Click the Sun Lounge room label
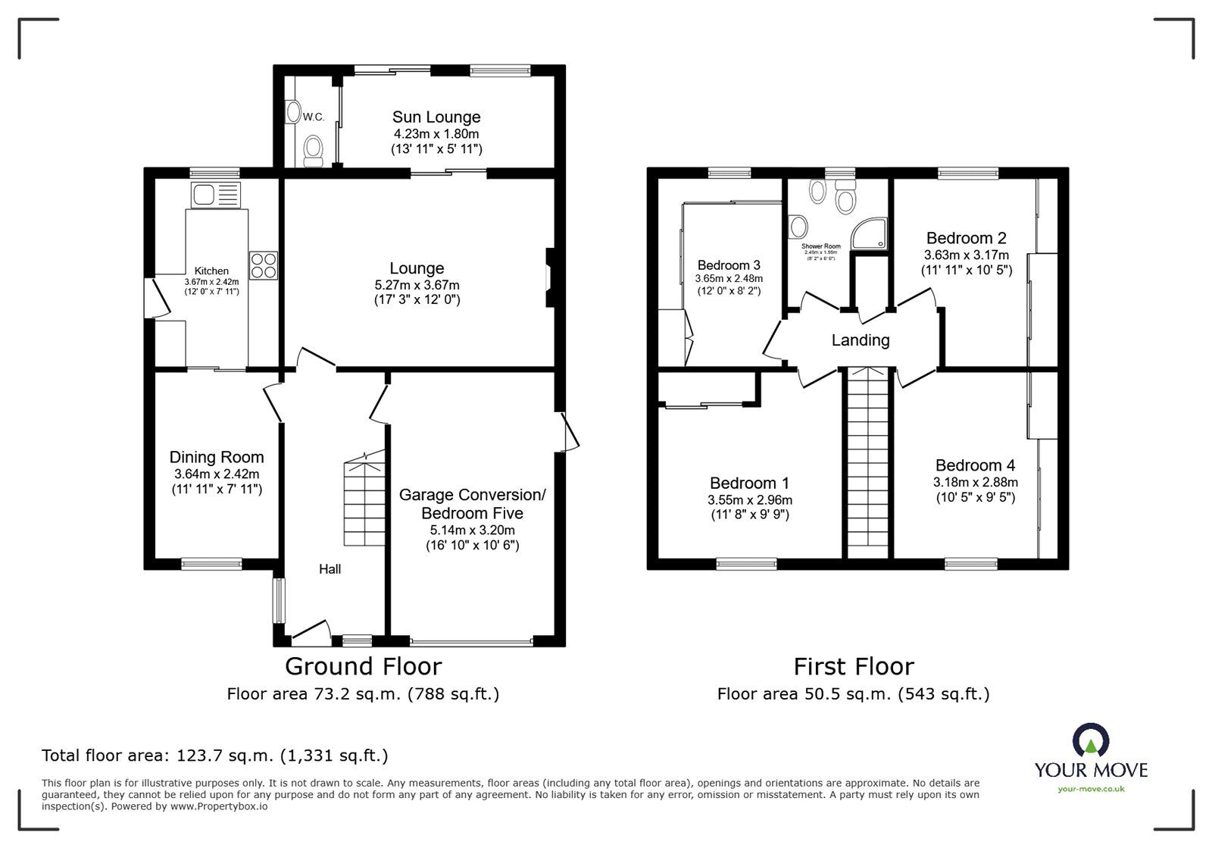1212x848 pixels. (436, 117)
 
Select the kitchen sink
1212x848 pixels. (205, 195)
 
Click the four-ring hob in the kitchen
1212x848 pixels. (264, 265)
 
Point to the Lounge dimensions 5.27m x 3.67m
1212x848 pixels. (417, 285)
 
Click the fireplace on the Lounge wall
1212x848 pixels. (549, 278)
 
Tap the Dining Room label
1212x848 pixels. (217, 457)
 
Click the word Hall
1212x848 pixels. (330, 569)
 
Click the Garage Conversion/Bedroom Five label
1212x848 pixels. (473, 504)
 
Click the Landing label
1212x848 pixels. (861, 340)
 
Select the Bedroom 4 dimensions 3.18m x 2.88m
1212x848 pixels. (976, 482)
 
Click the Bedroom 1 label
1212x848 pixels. (750, 483)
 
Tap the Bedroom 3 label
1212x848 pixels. (729, 265)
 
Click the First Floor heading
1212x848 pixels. (854, 666)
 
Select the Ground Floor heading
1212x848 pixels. (363, 666)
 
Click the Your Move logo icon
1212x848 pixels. (1091, 740)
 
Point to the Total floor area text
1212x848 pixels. (215, 756)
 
